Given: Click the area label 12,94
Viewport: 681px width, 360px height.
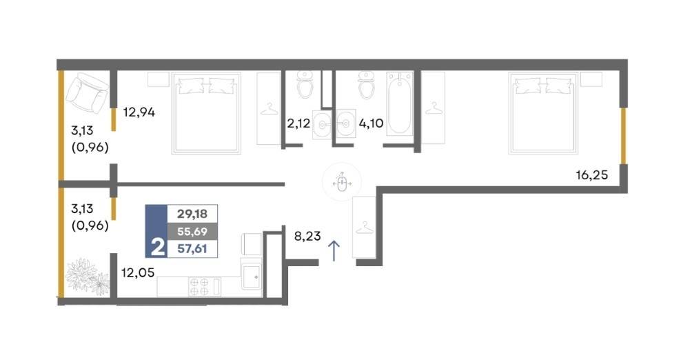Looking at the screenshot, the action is click(x=139, y=112).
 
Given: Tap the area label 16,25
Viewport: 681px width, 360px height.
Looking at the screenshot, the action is click(x=591, y=175).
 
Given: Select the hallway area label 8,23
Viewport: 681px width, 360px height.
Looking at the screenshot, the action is click(x=307, y=236).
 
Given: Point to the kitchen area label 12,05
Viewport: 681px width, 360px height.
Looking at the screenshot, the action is click(x=138, y=273).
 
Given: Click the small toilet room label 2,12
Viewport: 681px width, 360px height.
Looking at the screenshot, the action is click(x=298, y=123).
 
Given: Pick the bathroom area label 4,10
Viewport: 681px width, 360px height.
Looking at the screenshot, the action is click(x=371, y=123).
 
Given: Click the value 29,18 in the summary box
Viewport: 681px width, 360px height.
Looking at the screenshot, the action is click(x=192, y=214).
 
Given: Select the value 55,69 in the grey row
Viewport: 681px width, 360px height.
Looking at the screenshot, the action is click(x=192, y=232).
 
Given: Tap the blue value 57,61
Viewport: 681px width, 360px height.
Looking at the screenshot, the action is click(x=192, y=249).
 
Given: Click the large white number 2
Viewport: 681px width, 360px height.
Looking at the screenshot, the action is click(x=158, y=248).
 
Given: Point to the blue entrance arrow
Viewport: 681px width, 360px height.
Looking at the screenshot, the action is click(x=334, y=251).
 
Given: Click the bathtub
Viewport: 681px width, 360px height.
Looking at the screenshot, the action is click(x=399, y=104).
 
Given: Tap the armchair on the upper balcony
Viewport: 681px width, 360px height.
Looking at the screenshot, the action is click(x=88, y=92).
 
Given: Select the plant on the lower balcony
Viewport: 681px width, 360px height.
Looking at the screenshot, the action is click(x=87, y=277).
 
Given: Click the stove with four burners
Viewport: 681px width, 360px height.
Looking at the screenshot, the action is click(x=204, y=287).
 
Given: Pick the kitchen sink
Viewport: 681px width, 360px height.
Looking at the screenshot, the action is click(x=252, y=276).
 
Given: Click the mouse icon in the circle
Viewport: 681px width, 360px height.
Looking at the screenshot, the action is click(x=343, y=183).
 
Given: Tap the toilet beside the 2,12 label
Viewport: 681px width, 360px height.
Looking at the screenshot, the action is click(x=305, y=85).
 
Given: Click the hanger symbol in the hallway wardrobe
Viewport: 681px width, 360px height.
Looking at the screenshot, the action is click(x=365, y=228).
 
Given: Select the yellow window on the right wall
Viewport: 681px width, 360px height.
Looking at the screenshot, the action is click(x=623, y=136).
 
